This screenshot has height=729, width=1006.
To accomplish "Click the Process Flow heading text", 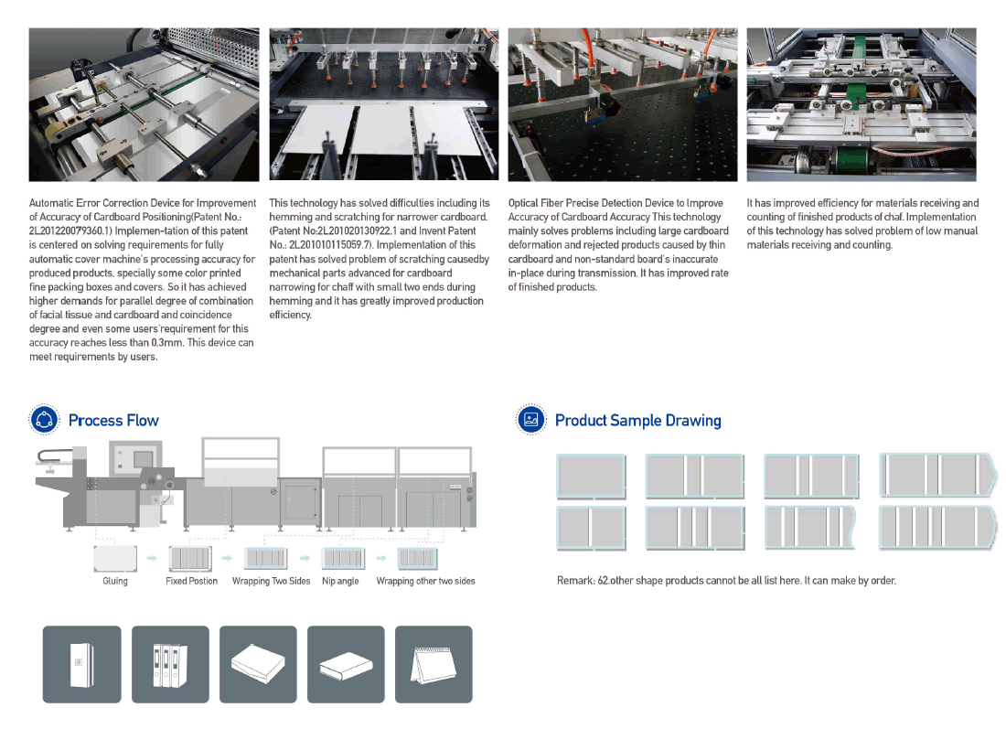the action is pos(113,421).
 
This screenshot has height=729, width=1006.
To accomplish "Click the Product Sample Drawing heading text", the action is pos(637,421).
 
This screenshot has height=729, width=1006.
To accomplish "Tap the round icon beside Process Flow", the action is pos(44,420).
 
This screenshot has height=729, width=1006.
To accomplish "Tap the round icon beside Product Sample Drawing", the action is pos(531,420).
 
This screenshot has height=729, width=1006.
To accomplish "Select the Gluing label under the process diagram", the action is pos(115,581).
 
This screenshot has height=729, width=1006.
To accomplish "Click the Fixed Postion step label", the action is pos(191,581).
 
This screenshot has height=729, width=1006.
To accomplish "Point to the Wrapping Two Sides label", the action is pos(271,581).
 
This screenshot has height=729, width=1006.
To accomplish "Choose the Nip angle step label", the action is pos(340,581).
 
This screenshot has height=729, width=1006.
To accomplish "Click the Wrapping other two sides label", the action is pos(425,581).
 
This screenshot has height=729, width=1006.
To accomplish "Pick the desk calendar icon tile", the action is pos(433,664).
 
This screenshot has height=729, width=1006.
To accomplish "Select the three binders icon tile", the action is pos(171,664).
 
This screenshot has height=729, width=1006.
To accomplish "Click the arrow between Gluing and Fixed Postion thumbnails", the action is pos(152,558).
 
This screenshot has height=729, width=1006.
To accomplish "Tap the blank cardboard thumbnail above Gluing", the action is pos(115,558).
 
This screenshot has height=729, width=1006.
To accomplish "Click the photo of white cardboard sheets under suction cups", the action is pos(384,104).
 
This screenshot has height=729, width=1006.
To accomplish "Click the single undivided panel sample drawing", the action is pos(591,477).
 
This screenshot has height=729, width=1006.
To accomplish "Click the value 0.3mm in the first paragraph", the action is pos(166,343).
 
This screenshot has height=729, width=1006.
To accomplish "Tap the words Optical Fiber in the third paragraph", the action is pos(536,203).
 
